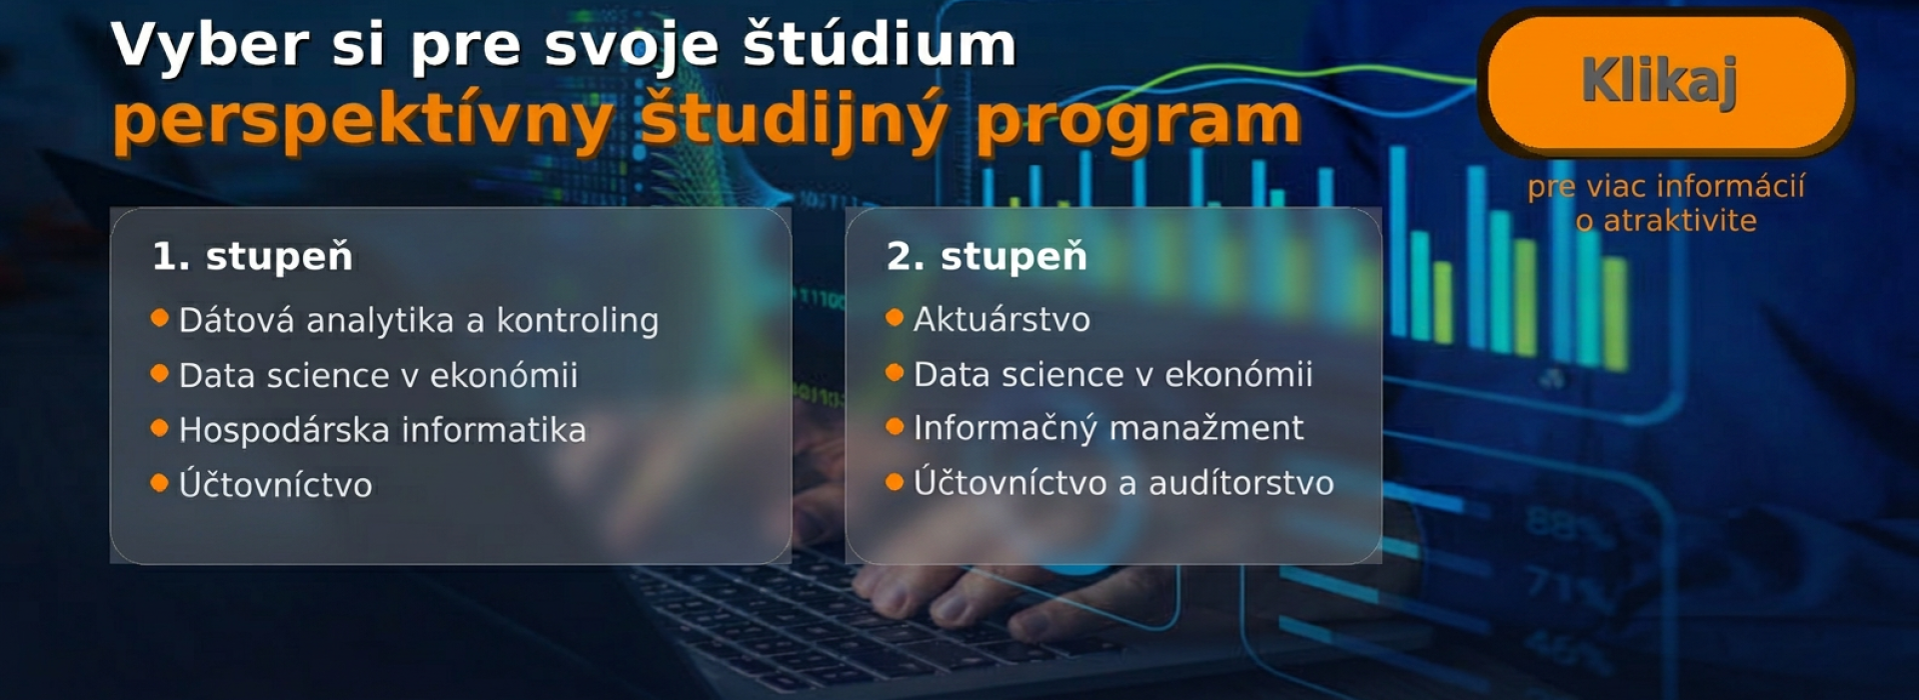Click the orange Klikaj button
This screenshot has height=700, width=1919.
(x=1665, y=83)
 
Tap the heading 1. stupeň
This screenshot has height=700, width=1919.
(x=252, y=257)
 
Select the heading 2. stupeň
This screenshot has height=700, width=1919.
(x=986, y=257)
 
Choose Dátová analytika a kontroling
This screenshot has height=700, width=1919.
(x=419, y=320)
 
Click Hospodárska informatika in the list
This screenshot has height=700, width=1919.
(x=382, y=430)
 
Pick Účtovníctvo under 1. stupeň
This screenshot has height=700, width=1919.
(x=276, y=485)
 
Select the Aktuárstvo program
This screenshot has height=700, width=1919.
(x=1001, y=320)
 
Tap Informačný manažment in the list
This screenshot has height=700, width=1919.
(x=1108, y=428)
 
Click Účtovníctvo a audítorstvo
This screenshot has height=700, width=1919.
(x=1123, y=482)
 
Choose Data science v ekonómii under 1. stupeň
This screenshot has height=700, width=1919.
(x=378, y=375)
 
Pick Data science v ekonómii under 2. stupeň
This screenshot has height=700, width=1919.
(x=1112, y=374)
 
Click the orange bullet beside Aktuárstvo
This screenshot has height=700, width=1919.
(x=895, y=318)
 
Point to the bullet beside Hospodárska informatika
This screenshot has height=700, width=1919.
(x=159, y=428)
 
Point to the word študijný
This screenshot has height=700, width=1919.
(x=793, y=120)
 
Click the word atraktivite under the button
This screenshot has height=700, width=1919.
(x=1680, y=220)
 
